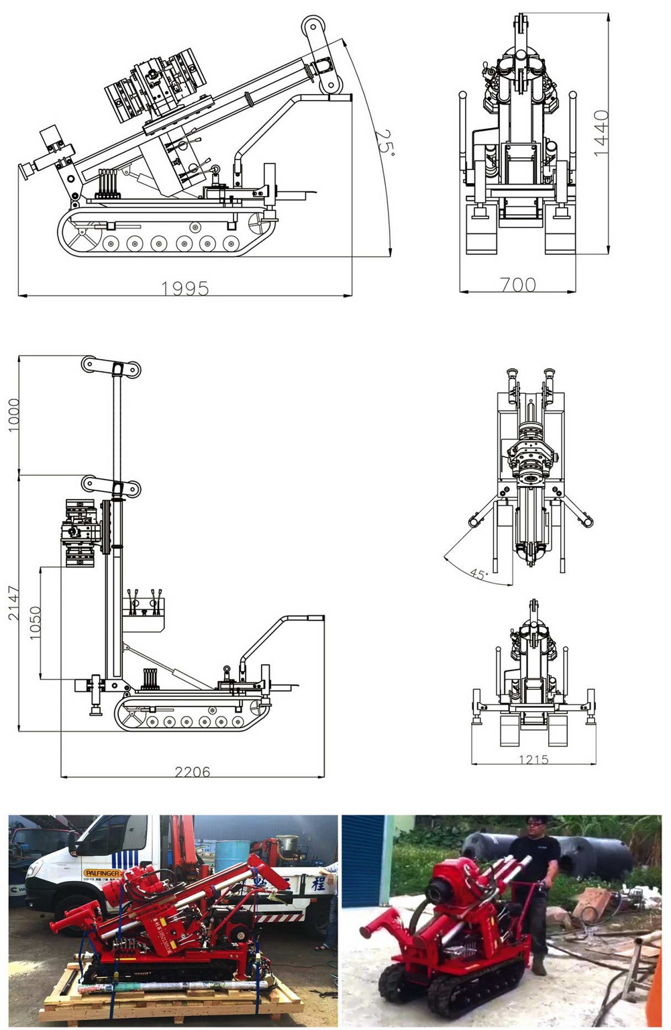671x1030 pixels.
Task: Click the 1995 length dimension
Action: (185, 288)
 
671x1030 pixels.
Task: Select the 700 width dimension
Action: (518, 285)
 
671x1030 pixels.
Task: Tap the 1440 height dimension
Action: (601, 134)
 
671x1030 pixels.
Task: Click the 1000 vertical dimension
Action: (13, 415)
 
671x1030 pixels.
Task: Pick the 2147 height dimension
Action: (13, 603)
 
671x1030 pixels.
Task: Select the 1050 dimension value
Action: (35, 623)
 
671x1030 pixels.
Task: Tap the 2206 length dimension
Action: (193, 772)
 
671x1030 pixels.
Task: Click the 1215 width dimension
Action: (533, 760)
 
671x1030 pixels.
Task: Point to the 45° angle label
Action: (478, 574)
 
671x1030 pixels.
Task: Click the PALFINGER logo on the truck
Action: (102, 873)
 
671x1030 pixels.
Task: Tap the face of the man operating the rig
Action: (537, 827)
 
